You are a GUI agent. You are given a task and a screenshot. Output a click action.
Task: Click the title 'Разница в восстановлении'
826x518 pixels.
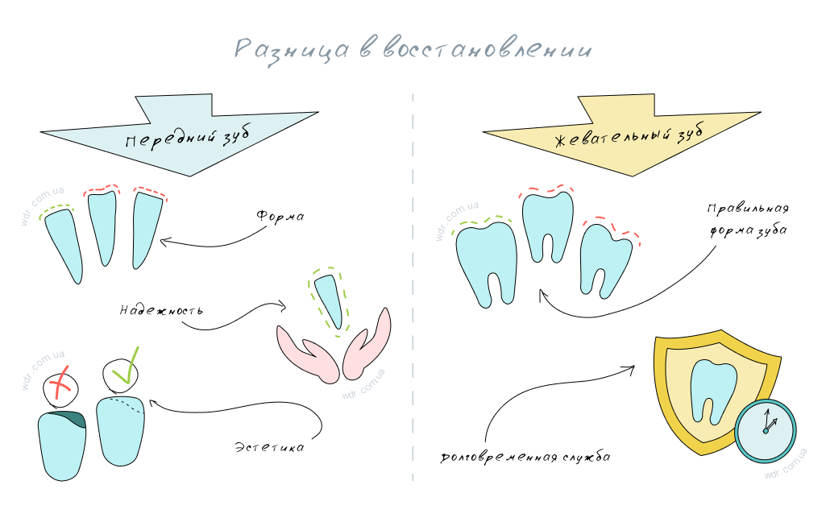tap(413, 49)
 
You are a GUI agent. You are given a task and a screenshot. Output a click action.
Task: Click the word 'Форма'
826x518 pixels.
tap(280, 217)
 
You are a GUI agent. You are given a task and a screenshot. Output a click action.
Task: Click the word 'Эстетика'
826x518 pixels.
tap(269, 446)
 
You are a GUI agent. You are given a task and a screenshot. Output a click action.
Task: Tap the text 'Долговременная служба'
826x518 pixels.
tap(525, 458)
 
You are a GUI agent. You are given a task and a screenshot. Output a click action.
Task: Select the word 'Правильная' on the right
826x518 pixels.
tap(748, 209)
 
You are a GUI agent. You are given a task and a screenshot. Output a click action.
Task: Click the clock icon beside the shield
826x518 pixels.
tap(766, 432)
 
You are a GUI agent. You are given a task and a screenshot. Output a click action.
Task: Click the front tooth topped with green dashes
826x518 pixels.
tap(64, 246)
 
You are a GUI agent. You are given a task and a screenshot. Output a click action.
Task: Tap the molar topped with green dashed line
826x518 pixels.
tap(487, 262)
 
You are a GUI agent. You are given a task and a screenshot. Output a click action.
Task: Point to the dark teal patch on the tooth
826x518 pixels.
tap(75, 419)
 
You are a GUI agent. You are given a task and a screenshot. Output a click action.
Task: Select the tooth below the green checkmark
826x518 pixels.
tap(120, 431)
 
